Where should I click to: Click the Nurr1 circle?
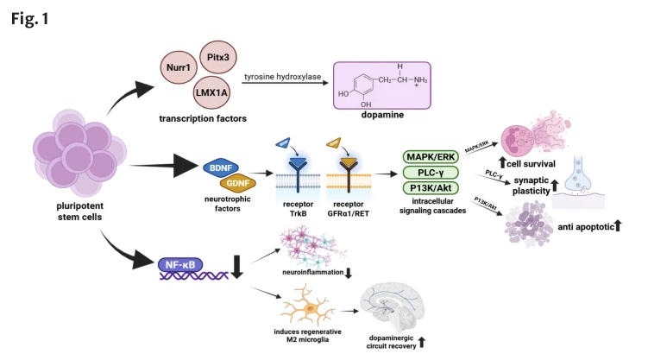(x=179, y=66)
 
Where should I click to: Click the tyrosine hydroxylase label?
(x=282, y=77)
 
